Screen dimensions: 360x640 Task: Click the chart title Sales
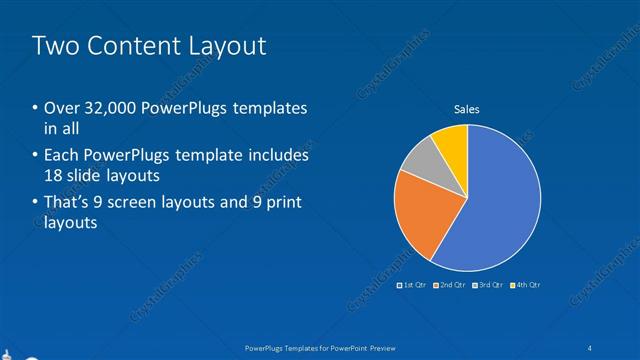click(467, 109)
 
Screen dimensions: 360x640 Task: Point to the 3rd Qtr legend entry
click(490, 285)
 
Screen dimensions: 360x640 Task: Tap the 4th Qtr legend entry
click(527, 285)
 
